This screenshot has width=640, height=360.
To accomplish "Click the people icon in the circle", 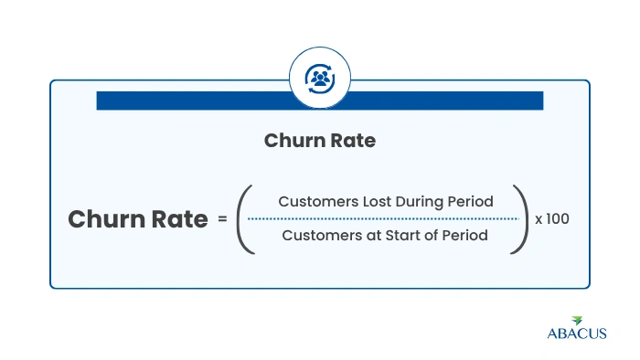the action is [320, 79].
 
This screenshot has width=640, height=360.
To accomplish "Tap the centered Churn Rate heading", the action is [320, 141].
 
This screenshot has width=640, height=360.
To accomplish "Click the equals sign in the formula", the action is [222, 219].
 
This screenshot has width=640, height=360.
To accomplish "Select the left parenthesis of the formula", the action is [245, 219].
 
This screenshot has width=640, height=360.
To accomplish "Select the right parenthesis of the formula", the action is [520, 219].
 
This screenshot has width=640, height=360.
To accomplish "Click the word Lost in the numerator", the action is [377, 201].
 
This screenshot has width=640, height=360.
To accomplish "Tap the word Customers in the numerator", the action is [318, 201].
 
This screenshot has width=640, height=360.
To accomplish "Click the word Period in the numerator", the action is [470, 201].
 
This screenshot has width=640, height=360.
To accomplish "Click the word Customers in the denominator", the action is [322, 235].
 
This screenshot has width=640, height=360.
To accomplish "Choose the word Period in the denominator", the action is [464, 235].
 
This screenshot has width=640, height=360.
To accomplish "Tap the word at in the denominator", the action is [374, 236].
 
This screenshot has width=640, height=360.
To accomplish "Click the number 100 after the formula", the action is [558, 219].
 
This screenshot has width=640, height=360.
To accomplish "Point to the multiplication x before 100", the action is [539, 220].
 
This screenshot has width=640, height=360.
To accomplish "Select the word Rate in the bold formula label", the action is [179, 219].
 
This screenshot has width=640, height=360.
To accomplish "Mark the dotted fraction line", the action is [383, 219].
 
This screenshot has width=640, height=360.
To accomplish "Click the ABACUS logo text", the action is [577, 334].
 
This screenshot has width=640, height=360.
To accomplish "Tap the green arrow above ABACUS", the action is [577, 321].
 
